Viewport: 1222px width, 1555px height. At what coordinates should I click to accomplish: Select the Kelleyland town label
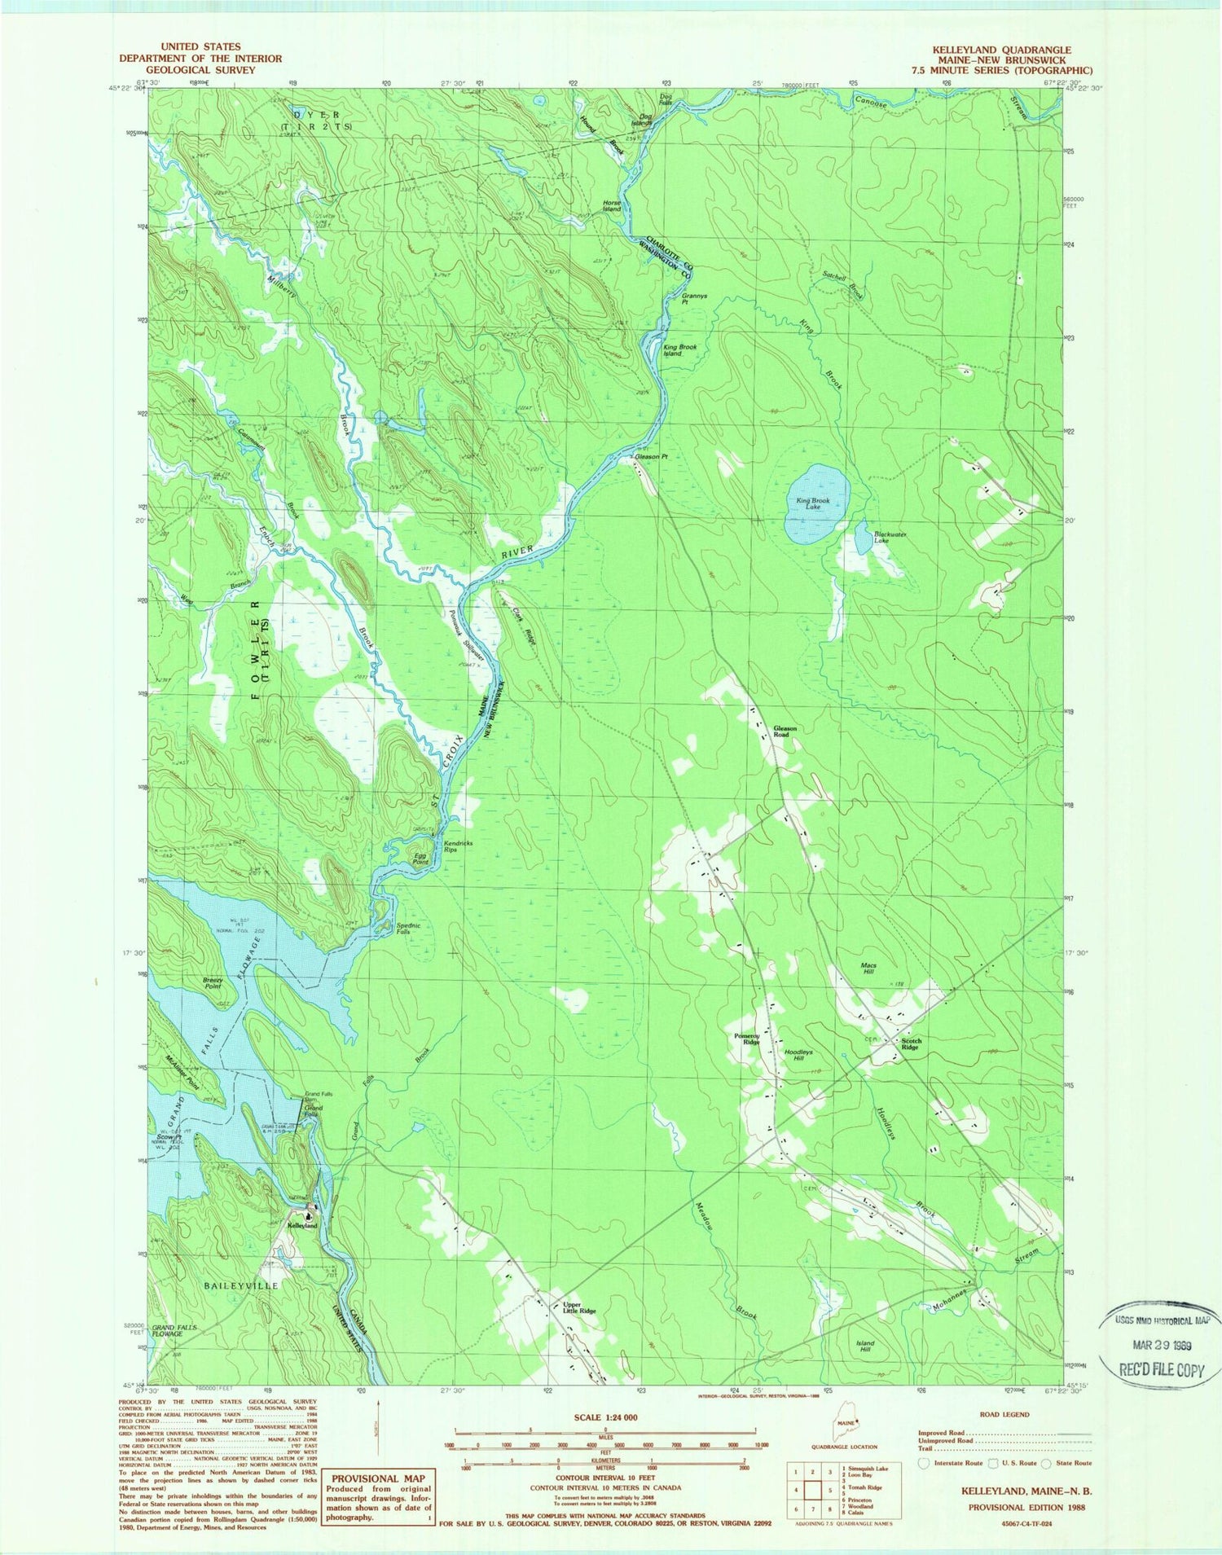pyautogui.click(x=301, y=1225)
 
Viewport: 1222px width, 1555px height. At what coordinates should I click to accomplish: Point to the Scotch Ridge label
pyautogui.click(x=909, y=1043)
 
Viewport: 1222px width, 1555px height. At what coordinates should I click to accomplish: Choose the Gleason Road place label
pyautogui.click(x=785, y=731)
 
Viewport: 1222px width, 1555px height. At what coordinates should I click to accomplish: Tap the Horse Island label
pyautogui.click(x=611, y=206)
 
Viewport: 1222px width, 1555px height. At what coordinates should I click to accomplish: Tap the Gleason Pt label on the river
pyautogui.click(x=651, y=457)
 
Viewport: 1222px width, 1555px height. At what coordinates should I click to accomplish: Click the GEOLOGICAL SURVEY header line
pyautogui.click(x=200, y=70)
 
